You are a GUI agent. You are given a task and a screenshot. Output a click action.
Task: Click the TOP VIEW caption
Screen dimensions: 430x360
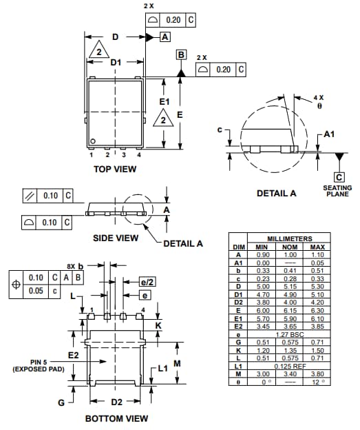tap(115, 168)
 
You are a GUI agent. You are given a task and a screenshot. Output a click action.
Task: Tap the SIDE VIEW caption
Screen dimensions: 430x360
tap(115, 238)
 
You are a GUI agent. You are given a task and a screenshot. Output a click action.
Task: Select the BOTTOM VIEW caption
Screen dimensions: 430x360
tap(116, 418)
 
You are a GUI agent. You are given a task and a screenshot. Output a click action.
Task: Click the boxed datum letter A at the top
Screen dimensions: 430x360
tap(165, 37)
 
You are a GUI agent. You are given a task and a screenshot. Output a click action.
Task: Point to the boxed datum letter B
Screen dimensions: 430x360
tap(181, 54)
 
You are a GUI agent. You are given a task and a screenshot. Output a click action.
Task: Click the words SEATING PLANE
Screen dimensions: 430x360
tap(337, 191)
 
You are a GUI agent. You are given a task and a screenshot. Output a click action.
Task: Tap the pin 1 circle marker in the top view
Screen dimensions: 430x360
tap(92, 142)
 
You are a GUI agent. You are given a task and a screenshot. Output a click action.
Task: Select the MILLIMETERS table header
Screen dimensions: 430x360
tap(289, 238)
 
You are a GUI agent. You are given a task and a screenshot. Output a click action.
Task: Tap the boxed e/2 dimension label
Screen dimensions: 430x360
tap(145, 282)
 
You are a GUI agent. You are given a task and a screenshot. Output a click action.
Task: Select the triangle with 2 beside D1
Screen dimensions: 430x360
tap(98, 53)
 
